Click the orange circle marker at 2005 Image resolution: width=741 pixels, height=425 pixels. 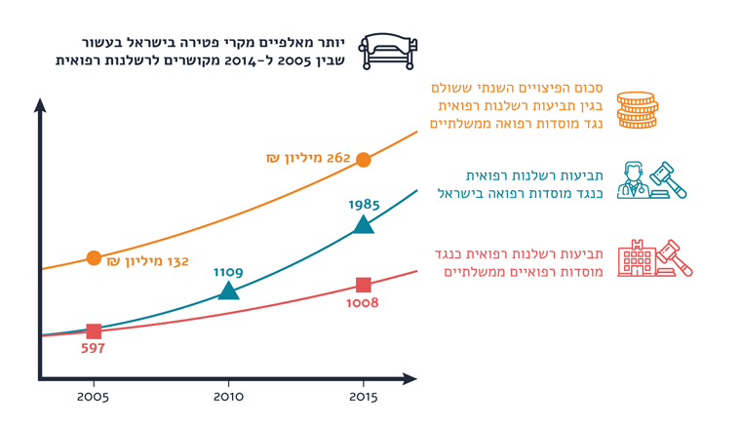click(x=94, y=258)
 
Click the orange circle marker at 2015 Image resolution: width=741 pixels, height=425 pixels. click(x=364, y=160)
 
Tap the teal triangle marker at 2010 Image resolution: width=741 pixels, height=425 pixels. click(x=228, y=290)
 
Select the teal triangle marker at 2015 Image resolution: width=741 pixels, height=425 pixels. click(x=364, y=225)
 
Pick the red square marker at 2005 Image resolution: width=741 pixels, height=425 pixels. click(x=94, y=332)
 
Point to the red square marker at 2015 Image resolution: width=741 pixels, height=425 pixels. click(x=364, y=285)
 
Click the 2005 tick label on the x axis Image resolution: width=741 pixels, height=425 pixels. click(x=94, y=397)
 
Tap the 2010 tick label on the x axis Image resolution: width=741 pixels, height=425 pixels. click(x=228, y=397)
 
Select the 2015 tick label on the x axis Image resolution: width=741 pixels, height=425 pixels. click(x=364, y=397)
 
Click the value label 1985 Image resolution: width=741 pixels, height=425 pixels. click(x=364, y=205)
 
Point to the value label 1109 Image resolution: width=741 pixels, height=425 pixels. click(x=228, y=272)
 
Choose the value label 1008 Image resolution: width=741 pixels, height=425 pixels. click(x=362, y=303)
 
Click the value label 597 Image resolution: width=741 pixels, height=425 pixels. click(x=94, y=348)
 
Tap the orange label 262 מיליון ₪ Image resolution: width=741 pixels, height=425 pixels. click(x=308, y=158)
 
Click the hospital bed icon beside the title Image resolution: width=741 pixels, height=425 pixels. click(x=387, y=51)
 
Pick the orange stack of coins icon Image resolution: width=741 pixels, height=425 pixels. click(x=637, y=110)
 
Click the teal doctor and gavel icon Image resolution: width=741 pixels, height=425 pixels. click(x=653, y=181)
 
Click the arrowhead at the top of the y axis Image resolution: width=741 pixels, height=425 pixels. click(x=40, y=104)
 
